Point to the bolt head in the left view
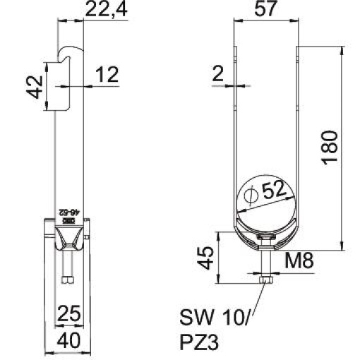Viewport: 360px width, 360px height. [x=68, y=281]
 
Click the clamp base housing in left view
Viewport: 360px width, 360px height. [x=68, y=244]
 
